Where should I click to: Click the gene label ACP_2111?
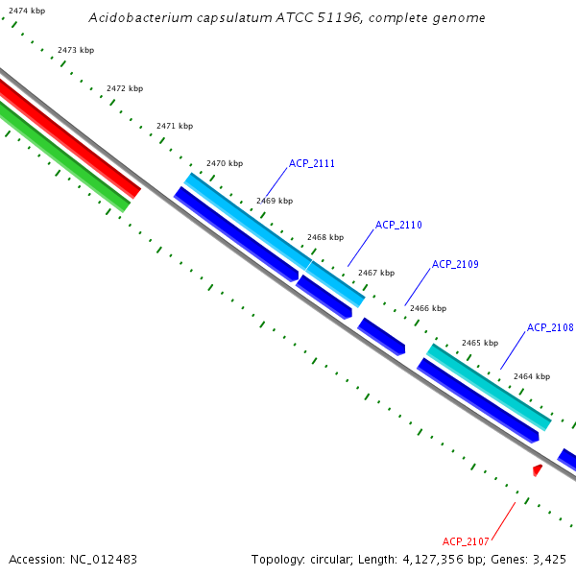[312, 163]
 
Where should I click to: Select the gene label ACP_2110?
[398, 225]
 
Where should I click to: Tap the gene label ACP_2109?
[455, 264]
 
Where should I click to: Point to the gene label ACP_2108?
[550, 327]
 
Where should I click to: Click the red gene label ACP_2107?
[467, 540]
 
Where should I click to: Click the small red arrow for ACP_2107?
[538, 469]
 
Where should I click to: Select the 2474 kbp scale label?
[27, 10]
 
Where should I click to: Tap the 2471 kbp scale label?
[175, 126]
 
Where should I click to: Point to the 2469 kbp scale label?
[275, 201]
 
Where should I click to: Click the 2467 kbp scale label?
[376, 273]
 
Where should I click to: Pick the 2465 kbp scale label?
[480, 343]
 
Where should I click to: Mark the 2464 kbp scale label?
[532, 376]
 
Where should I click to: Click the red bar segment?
[67, 138]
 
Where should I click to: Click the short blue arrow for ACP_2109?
[381, 336]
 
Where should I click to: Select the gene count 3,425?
[550, 559]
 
